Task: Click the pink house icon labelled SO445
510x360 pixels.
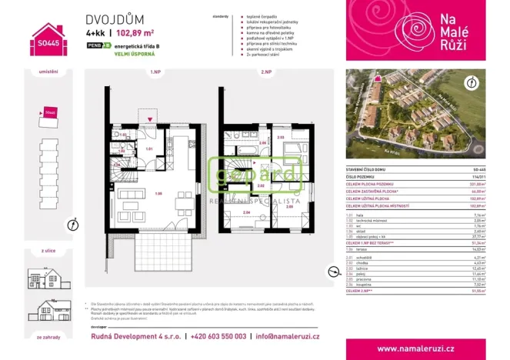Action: pyautogui.click(x=48, y=38)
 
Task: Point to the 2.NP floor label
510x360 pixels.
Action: pyautogui.click(x=266, y=72)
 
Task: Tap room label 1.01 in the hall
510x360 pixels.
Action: pyautogui.click(x=151, y=148)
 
